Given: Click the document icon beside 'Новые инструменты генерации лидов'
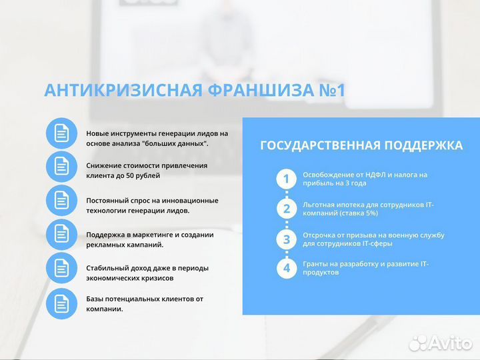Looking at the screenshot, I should pyautogui.click(x=61, y=133).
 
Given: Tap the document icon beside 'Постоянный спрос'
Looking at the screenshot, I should pyautogui.click(x=61, y=200).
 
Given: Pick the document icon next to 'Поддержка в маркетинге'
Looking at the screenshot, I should pyautogui.click(x=61, y=234).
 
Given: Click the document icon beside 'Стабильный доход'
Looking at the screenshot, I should pyautogui.click(x=61, y=268).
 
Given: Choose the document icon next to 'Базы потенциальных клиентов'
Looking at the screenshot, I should pyautogui.click(x=61, y=303).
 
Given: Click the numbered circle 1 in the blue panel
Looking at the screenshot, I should pyautogui.click(x=287, y=179).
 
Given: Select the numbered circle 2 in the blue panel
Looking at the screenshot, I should pyautogui.click(x=287, y=209).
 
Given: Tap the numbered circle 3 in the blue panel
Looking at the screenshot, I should pyautogui.click(x=287, y=239).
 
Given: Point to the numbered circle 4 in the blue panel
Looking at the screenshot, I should pyautogui.click(x=287, y=269).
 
